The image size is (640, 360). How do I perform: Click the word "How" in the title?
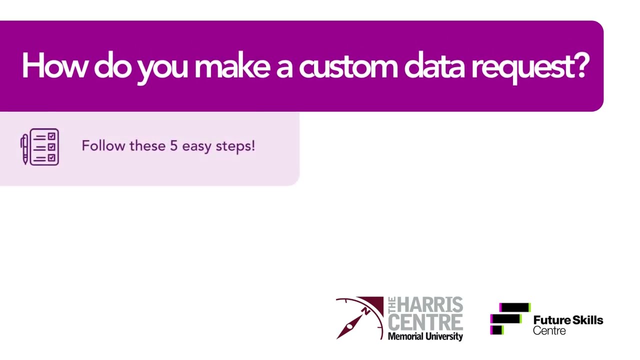(53, 66)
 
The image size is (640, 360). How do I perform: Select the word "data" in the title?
(433, 66)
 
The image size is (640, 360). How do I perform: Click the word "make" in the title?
(231, 66)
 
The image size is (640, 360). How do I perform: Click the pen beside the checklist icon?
(24, 148)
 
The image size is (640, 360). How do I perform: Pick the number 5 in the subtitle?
(173, 146)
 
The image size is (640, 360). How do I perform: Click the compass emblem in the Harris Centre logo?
(359, 318)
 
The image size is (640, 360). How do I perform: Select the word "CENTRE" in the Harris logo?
(425, 321)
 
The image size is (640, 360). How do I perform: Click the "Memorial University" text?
(425, 336)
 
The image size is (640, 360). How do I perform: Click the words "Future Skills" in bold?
(568, 320)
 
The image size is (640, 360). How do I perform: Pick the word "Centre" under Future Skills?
(549, 331)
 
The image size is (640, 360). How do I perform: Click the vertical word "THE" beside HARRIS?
(391, 305)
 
